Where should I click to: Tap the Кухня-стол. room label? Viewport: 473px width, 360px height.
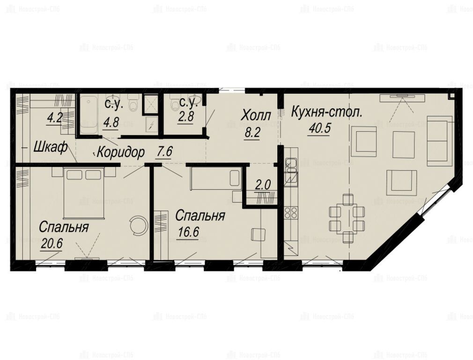point(326,112)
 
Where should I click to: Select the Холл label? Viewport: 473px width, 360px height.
point(257,116)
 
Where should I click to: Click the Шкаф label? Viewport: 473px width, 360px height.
point(50,148)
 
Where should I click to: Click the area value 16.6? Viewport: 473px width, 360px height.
point(187,232)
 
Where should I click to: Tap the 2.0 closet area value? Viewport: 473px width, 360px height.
point(263,185)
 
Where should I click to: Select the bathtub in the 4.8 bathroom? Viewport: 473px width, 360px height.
point(88,114)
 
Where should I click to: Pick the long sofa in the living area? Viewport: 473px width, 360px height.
point(440,141)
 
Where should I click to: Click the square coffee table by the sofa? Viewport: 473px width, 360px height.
point(403,144)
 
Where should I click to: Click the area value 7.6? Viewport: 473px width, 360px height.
point(164,151)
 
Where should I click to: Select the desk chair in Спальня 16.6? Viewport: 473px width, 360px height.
point(258,235)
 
